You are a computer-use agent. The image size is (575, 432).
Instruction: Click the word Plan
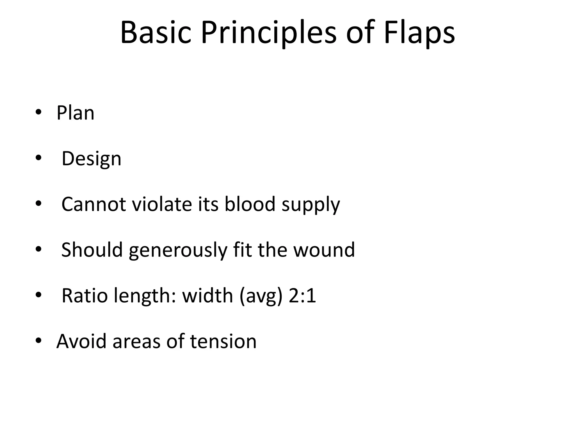75,113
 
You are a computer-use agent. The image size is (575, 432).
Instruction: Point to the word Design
91,159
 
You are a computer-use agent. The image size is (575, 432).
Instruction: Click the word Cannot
93,204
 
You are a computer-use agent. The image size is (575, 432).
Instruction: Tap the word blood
250,204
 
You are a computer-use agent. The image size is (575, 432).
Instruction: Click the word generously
177,250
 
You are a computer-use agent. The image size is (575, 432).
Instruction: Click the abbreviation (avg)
261,296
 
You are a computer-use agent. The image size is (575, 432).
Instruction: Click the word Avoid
81,341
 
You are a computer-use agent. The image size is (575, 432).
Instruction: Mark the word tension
223,341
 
